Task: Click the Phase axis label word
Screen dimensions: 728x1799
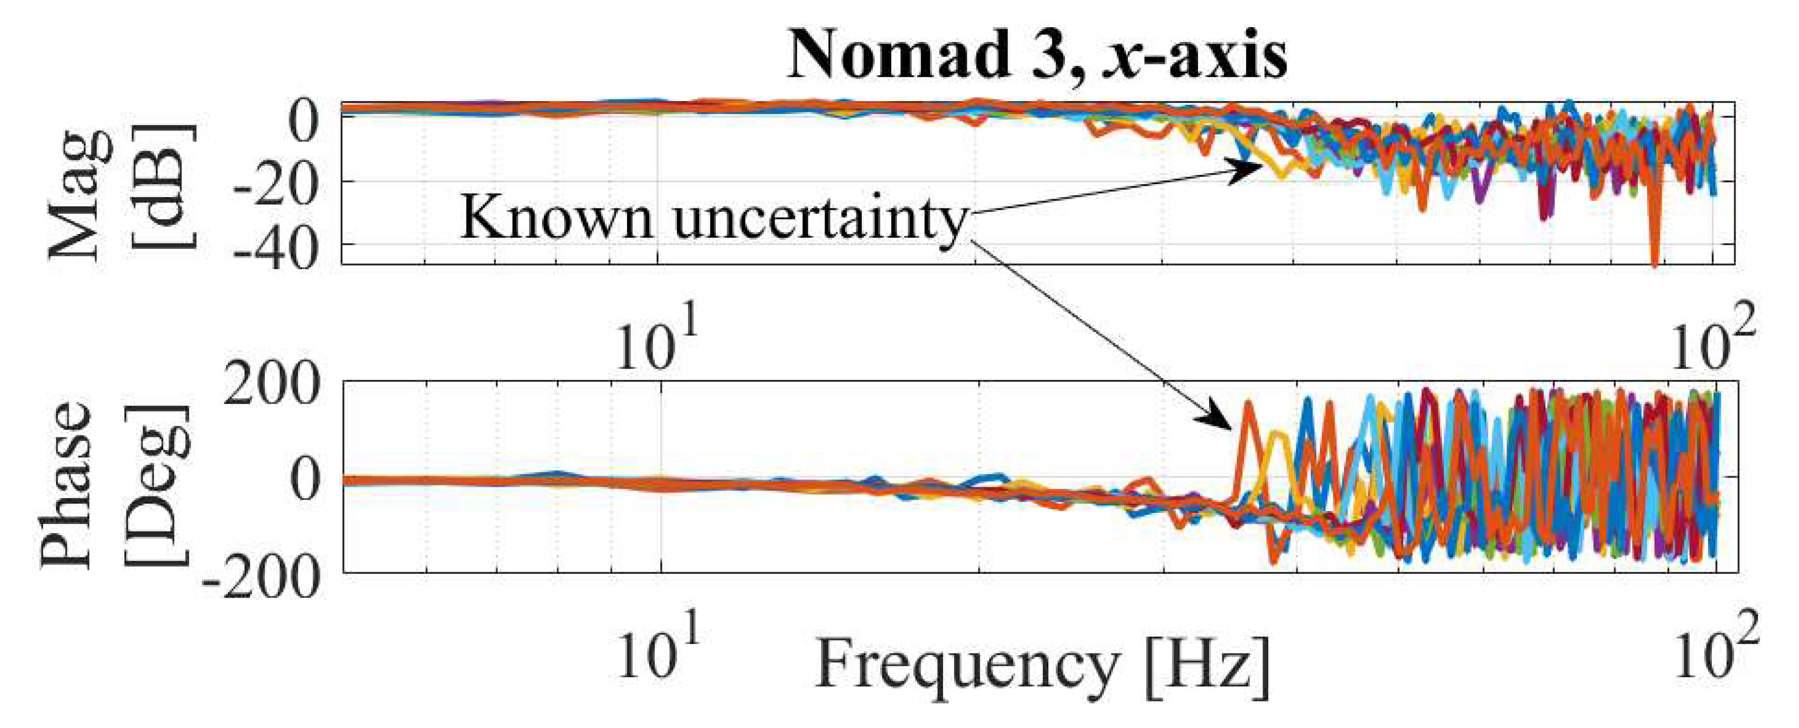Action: tap(66, 485)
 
